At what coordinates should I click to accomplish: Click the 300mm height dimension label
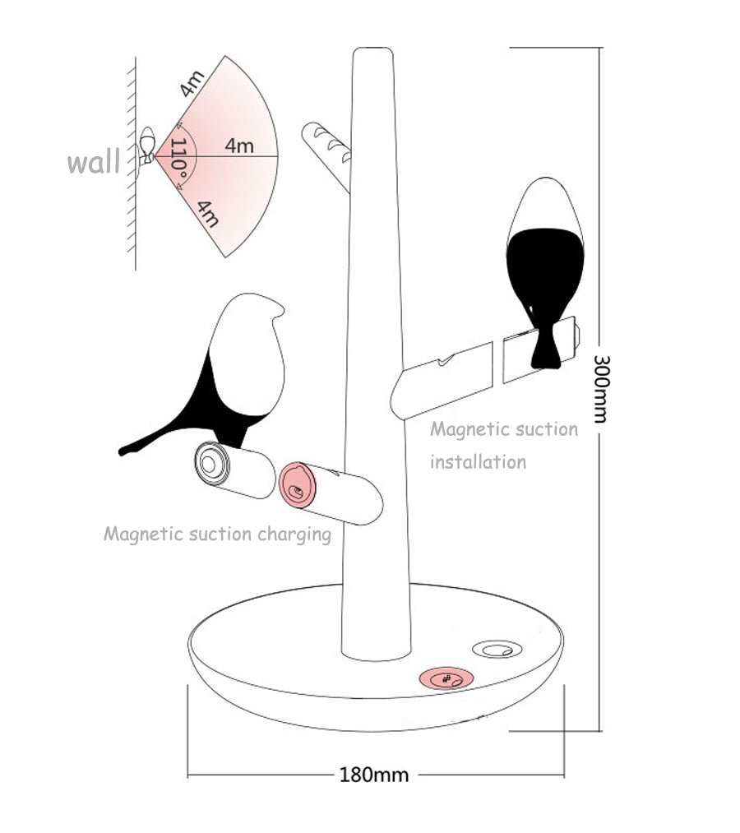click(x=601, y=388)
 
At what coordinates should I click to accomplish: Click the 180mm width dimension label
click(x=374, y=775)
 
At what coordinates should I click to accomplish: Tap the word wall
click(x=93, y=162)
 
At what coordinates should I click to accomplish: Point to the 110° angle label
click(x=182, y=157)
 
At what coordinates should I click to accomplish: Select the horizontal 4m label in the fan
click(x=239, y=146)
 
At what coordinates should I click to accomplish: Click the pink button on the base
click(x=446, y=679)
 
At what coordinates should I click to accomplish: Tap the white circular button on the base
click(x=496, y=650)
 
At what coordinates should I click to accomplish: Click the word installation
click(x=478, y=462)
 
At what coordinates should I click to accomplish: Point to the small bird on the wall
click(x=147, y=146)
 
